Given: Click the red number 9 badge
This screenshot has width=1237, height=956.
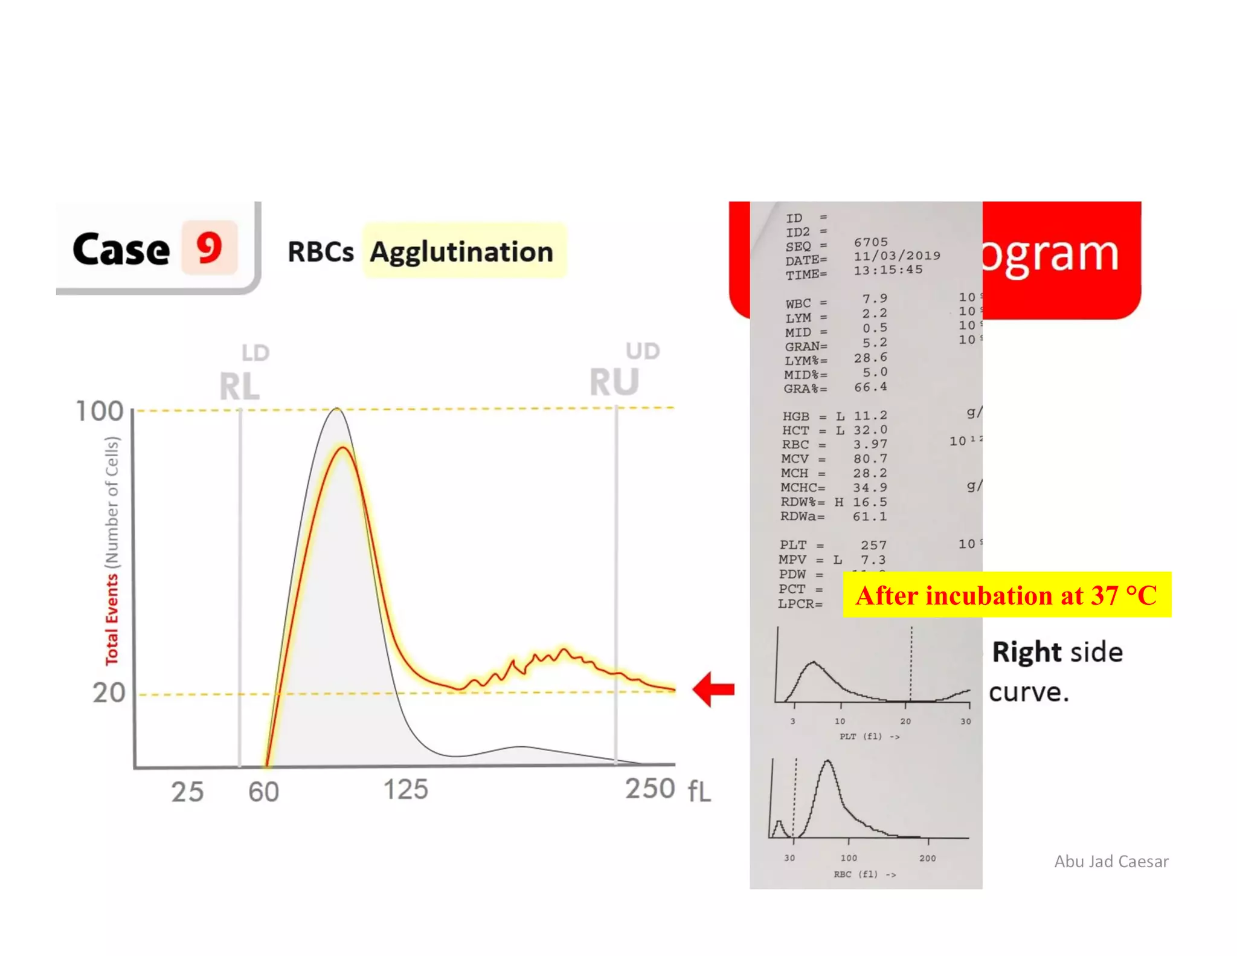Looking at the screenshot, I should tap(209, 248).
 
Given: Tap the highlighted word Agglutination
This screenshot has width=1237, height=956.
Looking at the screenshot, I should tap(462, 251).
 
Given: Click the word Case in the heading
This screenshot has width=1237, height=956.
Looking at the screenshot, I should tap(121, 249).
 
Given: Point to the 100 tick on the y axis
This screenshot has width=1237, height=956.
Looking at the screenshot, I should tap(99, 411).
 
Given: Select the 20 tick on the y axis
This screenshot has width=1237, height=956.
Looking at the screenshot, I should tap(109, 693).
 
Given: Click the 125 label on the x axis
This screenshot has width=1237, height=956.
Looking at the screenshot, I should tap(406, 789).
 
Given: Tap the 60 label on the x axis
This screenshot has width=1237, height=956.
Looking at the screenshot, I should tap(263, 791).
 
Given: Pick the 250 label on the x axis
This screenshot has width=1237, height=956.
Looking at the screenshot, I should tap(650, 788).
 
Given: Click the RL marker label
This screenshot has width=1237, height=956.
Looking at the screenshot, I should tap(239, 386).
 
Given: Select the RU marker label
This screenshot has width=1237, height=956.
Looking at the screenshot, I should tap(614, 382).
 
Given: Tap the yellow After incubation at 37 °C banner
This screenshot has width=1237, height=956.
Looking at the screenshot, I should tap(1006, 595).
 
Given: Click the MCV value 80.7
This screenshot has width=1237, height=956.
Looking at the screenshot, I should tap(870, 459).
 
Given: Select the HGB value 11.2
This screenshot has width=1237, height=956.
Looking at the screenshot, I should tap(870, 415).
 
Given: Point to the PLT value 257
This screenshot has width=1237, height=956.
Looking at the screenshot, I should tap(873, 545).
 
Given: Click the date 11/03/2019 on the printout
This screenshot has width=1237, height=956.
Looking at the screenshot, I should tap(896, 256).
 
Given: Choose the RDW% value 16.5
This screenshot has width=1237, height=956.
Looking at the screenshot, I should tap(870, 502).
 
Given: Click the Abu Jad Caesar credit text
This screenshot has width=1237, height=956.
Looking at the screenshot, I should tap(1111, 861).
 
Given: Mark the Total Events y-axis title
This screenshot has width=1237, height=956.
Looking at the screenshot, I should tap(112, 619).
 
